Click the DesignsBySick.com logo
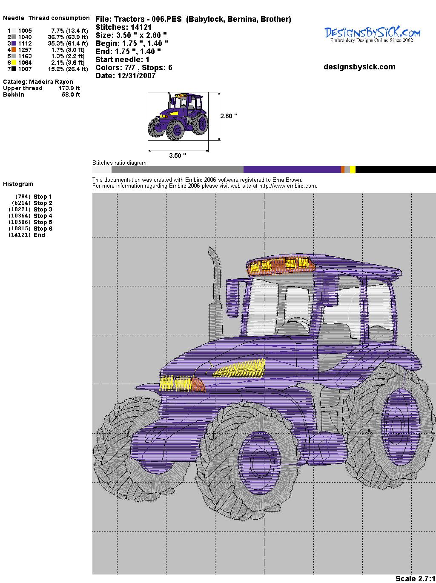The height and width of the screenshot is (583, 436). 372,34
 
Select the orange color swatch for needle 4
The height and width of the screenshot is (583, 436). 14,50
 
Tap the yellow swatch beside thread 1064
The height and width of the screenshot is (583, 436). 14,63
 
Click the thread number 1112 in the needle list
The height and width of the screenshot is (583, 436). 25,43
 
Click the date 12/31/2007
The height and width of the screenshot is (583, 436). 136,76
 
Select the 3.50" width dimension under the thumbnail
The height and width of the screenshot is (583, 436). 178,155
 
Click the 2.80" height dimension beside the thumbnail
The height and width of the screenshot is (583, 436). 229,116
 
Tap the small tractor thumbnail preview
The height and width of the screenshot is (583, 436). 178,116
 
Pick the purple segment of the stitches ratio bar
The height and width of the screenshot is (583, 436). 292,169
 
